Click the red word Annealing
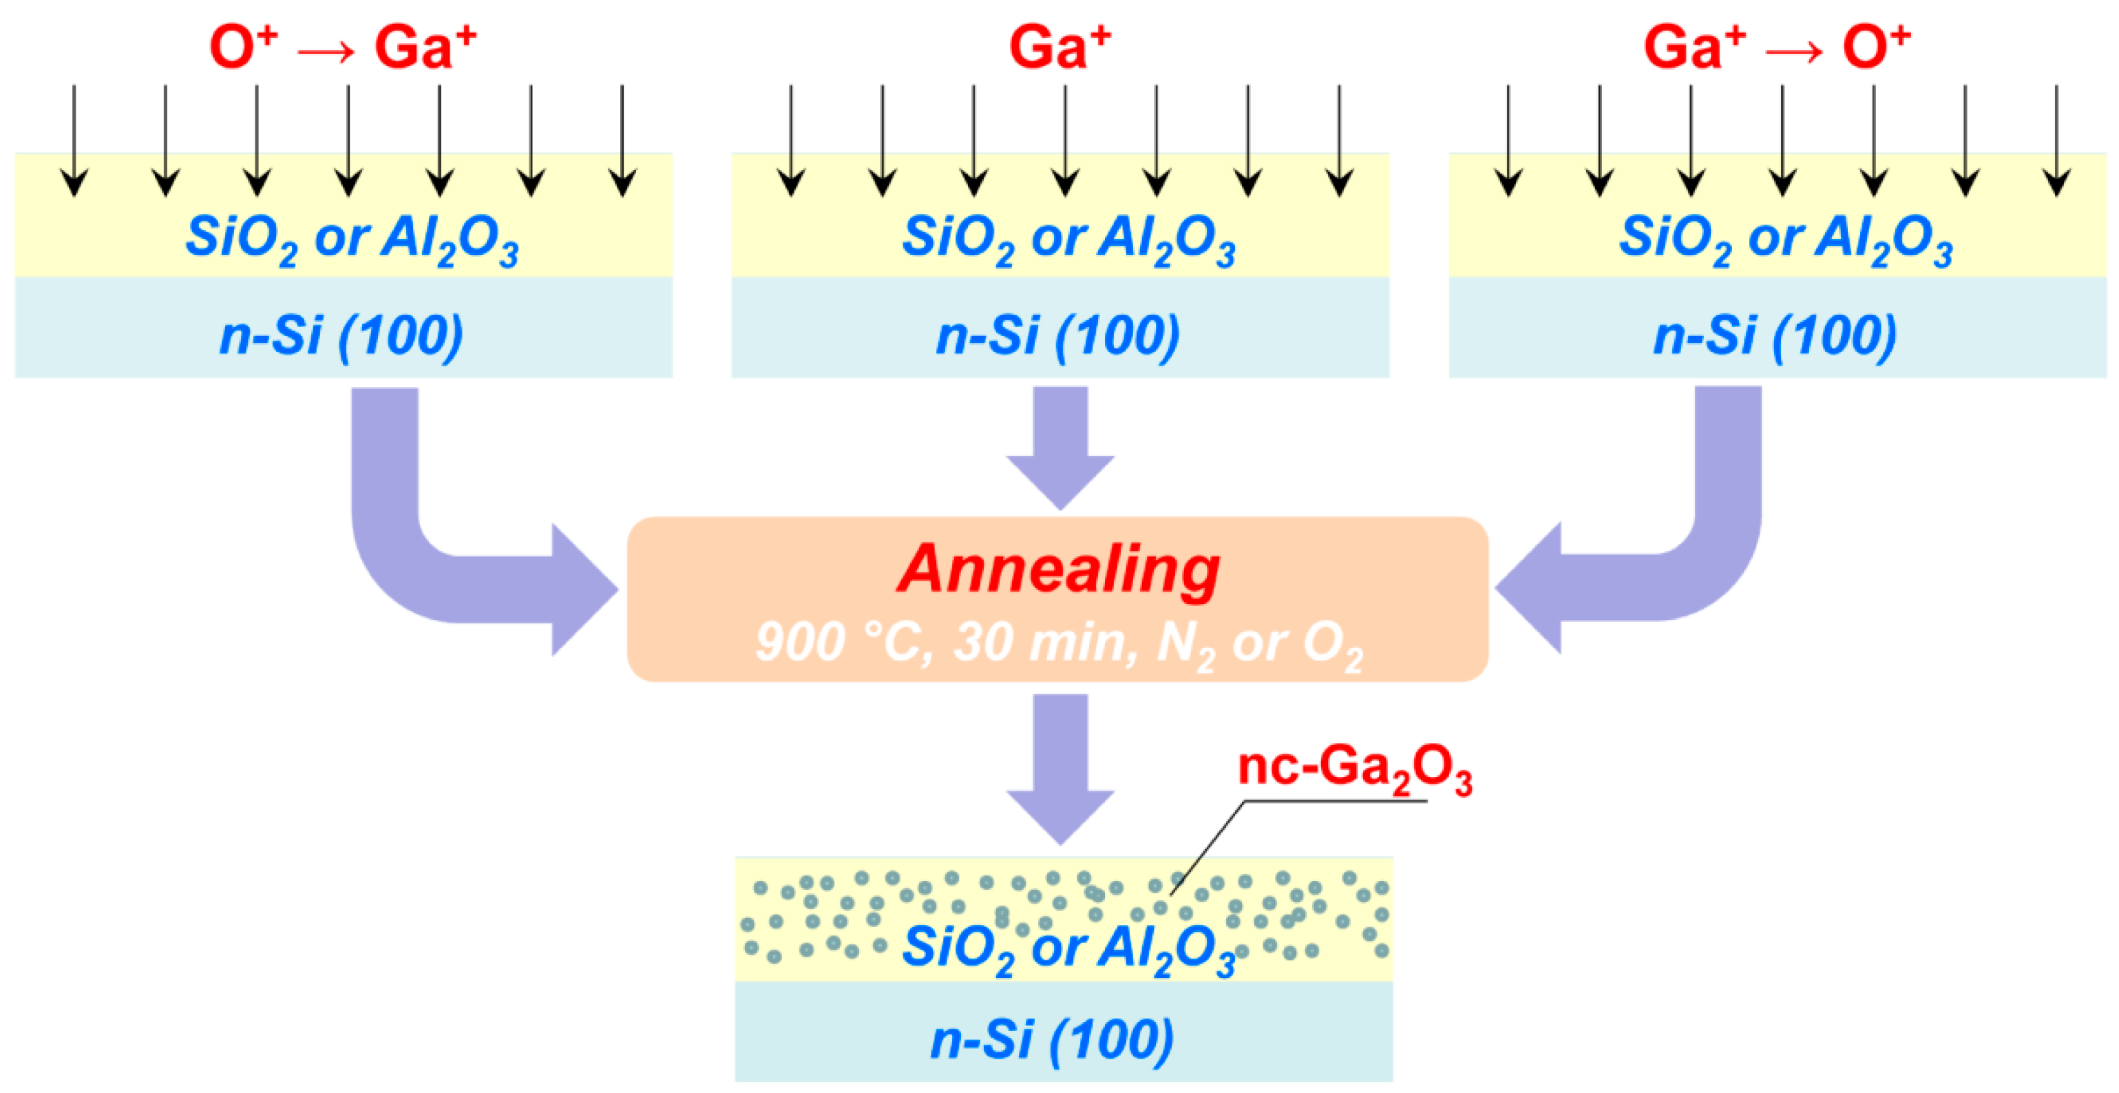pos(1058,570)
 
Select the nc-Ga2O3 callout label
pos(1354,769)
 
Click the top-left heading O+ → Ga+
pos(343,47)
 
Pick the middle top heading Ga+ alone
pos(1059,47)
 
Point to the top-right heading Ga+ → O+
pos(1777,47)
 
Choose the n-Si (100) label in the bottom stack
pos(1053,1039)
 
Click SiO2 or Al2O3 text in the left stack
pos(352,239)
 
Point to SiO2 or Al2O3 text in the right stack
pos(1786,239)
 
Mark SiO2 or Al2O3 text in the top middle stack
pos(1068,239)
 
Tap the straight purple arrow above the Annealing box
pos(1060,448)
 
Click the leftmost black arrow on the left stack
pos(75,140)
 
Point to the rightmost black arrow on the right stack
pos(2057,140)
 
